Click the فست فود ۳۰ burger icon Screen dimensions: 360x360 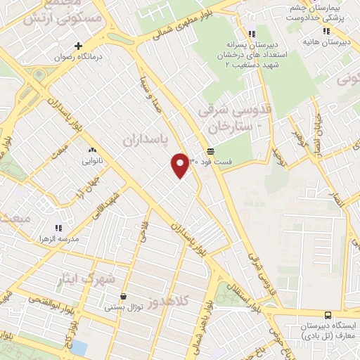point(210,151)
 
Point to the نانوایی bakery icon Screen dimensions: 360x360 point(91,150)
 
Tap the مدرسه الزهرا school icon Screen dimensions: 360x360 point(58,228)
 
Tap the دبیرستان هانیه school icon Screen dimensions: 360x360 point(326,31)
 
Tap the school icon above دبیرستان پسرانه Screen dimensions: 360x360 point(252,34)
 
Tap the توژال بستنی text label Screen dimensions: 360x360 point(124,307)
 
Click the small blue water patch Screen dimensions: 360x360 point(79,348)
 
